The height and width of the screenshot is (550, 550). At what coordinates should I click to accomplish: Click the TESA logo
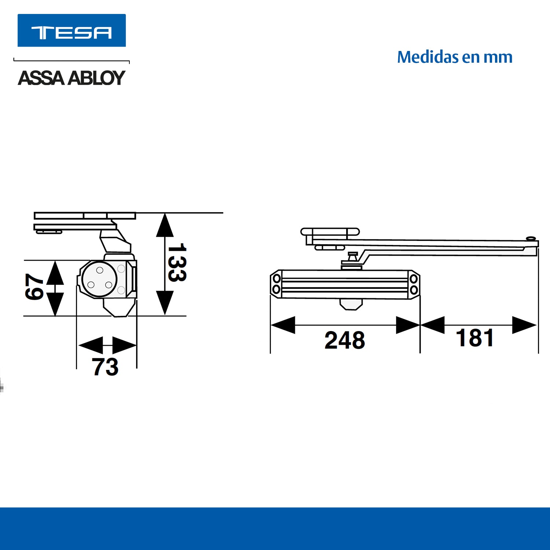click(71, 31)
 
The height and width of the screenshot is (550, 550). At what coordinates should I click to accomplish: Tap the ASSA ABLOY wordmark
click(71, 78)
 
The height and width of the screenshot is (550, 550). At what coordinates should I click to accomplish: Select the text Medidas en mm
click(455, 57)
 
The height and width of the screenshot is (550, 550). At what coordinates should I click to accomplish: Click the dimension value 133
click(177, 263)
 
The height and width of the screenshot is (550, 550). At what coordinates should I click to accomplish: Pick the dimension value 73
click(105, 367)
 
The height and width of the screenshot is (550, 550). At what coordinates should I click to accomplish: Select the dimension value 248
click(345, 340)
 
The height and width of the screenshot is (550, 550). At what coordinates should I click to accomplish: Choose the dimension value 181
click(474, 338)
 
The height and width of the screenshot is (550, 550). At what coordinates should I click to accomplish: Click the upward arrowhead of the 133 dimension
click(165, 225)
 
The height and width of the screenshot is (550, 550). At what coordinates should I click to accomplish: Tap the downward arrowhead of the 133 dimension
click(165, 302)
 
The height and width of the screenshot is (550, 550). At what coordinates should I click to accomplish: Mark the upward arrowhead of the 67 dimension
click(55, 273)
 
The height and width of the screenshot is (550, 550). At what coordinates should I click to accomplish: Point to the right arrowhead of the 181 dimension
click(524, 325)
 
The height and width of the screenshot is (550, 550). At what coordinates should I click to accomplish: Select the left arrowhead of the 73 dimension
click(91, 345)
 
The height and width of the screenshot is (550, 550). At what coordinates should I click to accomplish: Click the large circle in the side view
click(99, 279)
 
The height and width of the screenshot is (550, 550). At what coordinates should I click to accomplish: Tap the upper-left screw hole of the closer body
click(277, 279)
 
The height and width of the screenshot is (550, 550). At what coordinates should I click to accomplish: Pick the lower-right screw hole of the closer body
click(414, 290)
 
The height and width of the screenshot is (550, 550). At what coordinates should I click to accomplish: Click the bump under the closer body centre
click(351, 304)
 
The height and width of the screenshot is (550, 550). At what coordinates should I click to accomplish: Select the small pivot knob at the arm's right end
click(530, 239)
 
